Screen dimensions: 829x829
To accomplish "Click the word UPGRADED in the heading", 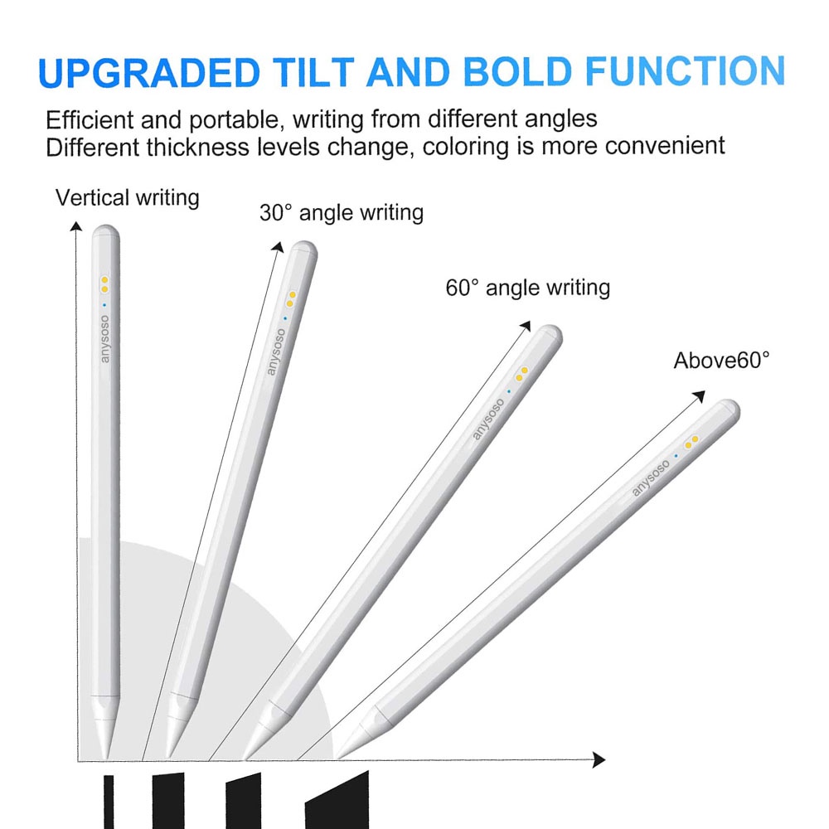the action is [149, 72].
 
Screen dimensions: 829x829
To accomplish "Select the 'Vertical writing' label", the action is [128, 198].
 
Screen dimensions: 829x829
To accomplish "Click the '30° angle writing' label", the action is [342, 213].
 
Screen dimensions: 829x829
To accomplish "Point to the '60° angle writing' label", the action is [527, 288].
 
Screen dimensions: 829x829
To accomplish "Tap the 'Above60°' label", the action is [722, 361].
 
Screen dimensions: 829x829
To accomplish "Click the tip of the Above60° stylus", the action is [338, 755].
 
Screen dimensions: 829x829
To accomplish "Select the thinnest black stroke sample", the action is [109, 802].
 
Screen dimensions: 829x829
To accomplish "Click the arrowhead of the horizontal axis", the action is [599, 759].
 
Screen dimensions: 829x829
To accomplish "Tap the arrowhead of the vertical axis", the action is [76, 226].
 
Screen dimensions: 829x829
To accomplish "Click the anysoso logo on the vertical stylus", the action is [104, 339].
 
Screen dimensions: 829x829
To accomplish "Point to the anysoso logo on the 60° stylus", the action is [488, 419].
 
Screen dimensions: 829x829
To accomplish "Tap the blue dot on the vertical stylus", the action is [104, 305].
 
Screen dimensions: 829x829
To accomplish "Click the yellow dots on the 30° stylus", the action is [291, 299].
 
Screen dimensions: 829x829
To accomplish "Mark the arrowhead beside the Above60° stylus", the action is [699, 396].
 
